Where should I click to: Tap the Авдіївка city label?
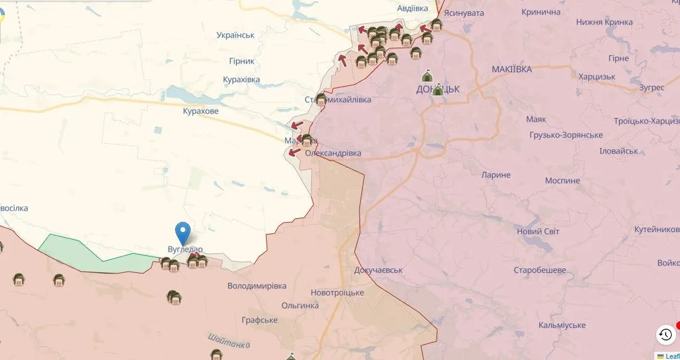[x=413, y=8]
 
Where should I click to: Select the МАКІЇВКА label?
[x=511, y=69]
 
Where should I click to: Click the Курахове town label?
[x=201, y=111]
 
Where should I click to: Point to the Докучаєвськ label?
[x=378, y=270]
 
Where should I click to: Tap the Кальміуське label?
[x=561, y=325]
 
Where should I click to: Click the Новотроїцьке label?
[x=337, y=293]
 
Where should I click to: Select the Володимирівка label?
[x=257, y=286]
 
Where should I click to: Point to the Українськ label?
[x=235, y=35]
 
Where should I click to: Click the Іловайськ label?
[x=619, y=151]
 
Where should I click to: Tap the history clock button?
[x=665, y=334]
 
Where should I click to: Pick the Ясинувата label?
[x=464, y=12]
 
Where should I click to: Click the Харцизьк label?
[x=597, y=77]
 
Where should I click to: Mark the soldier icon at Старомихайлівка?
[x=321, y=98]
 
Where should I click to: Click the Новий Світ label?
[x=538, y=231]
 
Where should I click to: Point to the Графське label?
[x=259, y=320]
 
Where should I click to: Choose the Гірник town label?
[x=242, y=61]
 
